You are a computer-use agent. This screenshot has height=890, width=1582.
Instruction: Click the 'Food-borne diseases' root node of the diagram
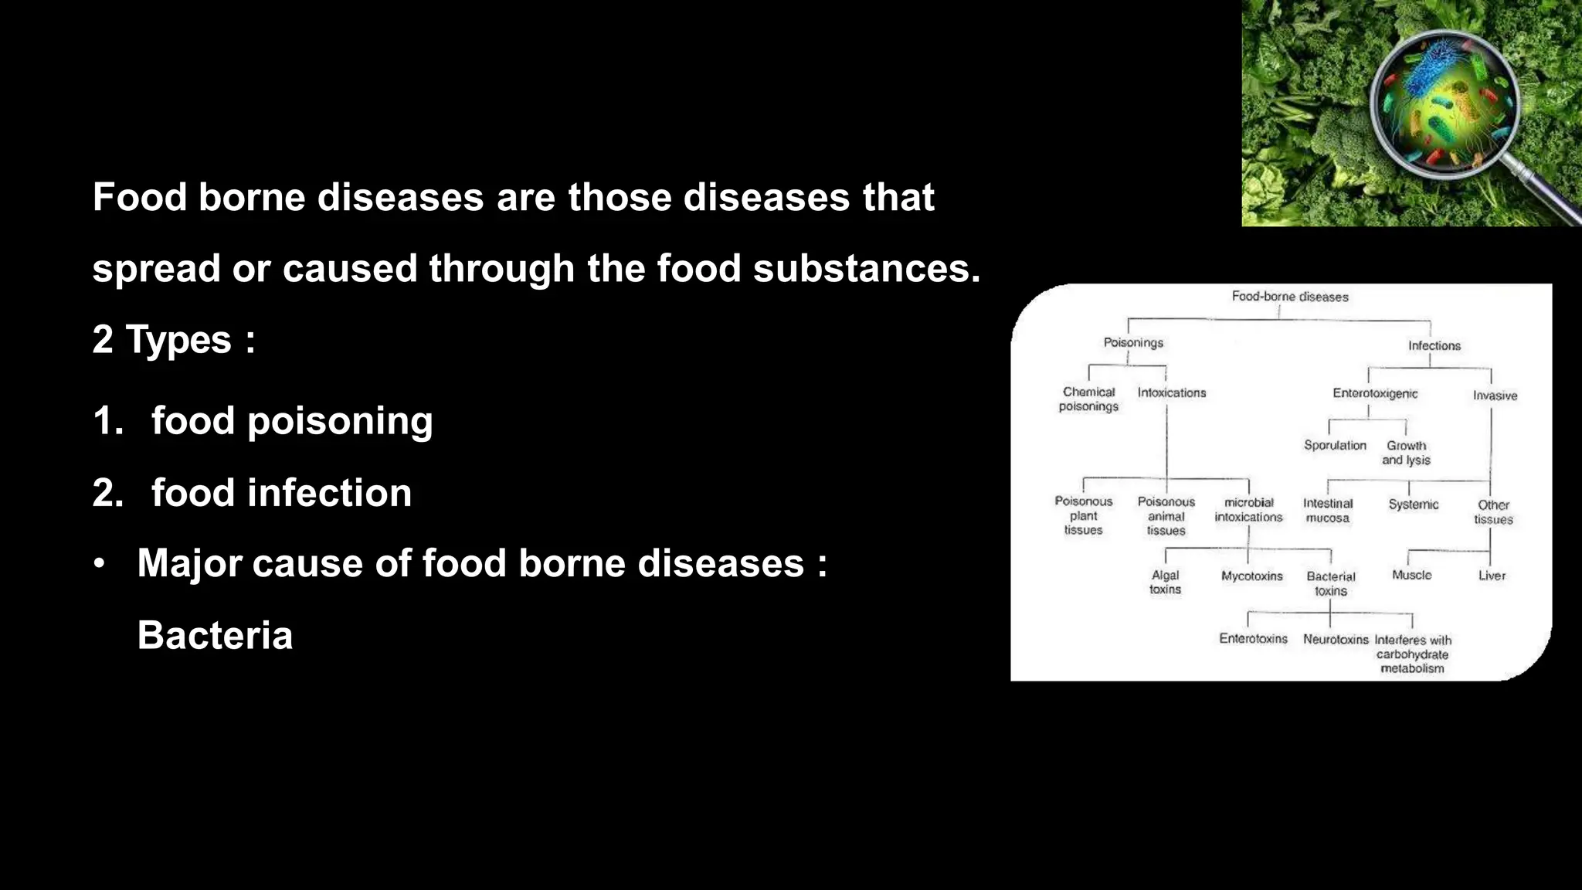[x=1289, y=297]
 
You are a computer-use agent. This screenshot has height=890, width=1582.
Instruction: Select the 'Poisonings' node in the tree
[x=1132, y=343]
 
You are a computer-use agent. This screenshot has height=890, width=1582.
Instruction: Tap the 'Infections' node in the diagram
[x=1434, y=346]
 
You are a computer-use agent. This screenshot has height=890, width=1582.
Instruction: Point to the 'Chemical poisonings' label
[x=1088, y=399]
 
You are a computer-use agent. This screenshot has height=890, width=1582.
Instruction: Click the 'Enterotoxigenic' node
[x=1375, y=394]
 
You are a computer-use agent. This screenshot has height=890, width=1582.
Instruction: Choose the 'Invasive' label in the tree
[x=1495, y=396]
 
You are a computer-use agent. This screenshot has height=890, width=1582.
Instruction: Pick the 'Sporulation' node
[x=1335, y=446]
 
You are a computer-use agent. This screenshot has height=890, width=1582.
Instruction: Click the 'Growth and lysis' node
[x=1406, y=453]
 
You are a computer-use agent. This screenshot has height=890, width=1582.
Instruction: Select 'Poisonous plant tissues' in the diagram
[x=1083, y=516]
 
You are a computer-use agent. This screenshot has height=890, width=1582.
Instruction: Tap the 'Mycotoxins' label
[x=1251, y=576]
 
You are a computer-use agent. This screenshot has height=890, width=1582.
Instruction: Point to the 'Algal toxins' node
[x=1165, y=583]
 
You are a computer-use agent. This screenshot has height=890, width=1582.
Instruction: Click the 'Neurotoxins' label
[x=1335, y=640]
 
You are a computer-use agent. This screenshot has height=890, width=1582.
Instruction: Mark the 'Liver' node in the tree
[x=1492, y=576]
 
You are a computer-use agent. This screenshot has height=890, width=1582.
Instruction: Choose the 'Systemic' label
[x=1413, y=505]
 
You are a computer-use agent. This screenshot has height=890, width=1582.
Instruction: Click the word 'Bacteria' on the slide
[x=215, y=636]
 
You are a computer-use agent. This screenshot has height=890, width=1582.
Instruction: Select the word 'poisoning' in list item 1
[x=340, y=422]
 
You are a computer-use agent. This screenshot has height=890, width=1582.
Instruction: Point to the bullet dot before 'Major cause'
[x=98, y=564]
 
